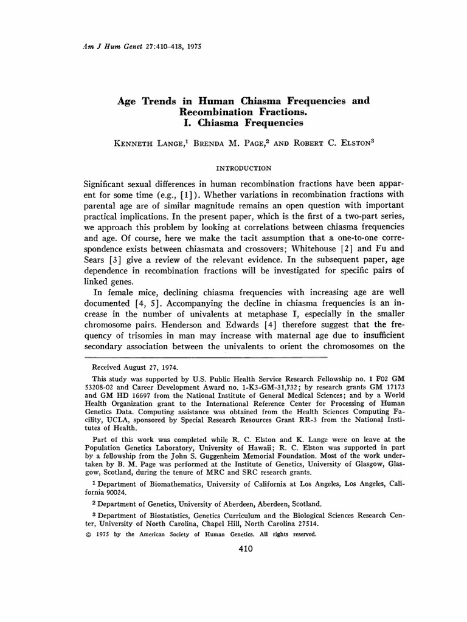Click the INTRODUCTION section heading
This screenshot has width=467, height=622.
coord(244,168)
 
